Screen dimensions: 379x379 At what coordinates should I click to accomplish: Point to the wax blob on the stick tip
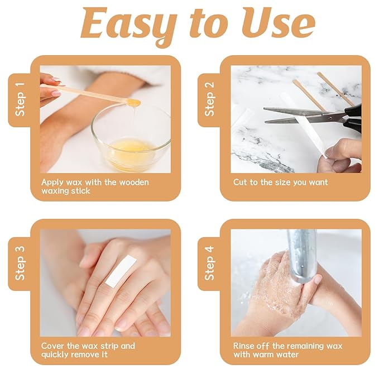point(133,102)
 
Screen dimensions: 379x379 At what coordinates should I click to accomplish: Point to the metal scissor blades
point(296,115)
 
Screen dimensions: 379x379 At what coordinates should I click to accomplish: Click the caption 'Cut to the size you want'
point(280,183)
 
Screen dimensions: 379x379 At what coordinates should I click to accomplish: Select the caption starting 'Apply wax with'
point(95,186)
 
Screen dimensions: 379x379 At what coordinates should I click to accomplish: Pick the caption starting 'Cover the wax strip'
point(88,350)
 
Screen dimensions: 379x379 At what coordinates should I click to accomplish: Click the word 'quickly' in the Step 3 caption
point(56,354)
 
